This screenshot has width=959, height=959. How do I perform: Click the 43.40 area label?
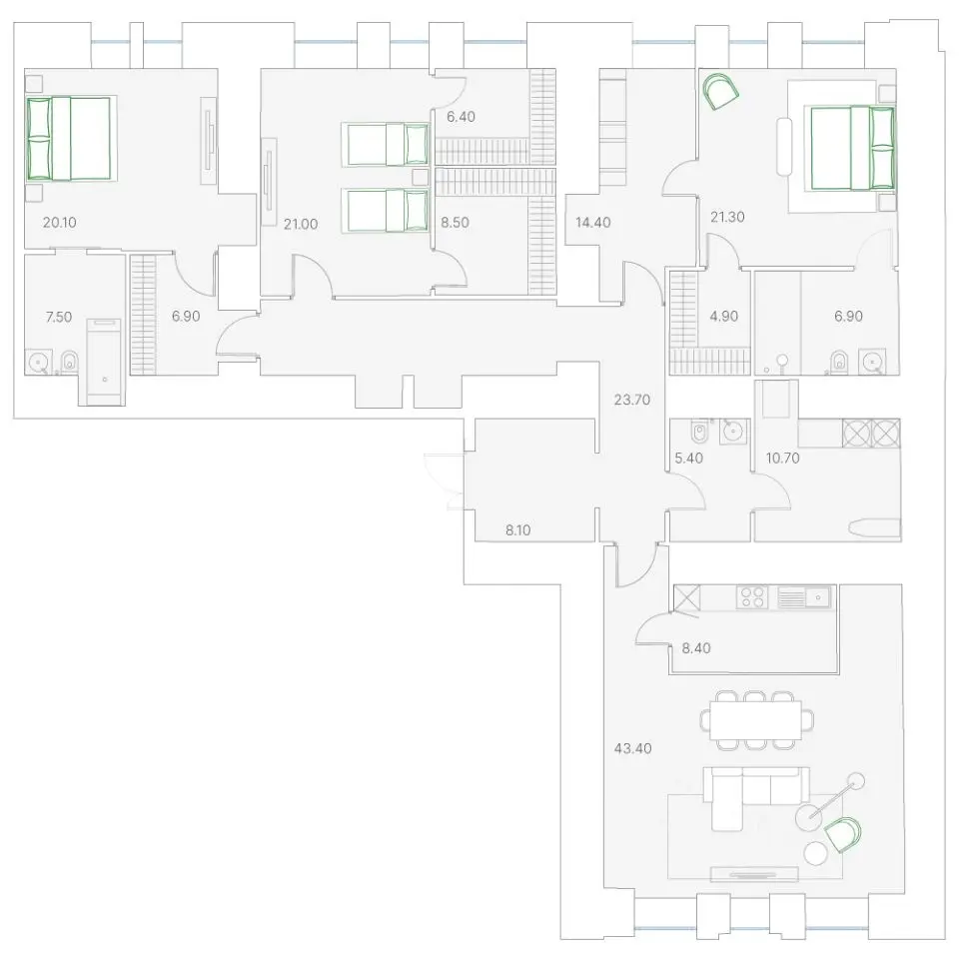click(x=632, y=748)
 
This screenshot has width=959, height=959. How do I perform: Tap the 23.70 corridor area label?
click(x=631, y=400)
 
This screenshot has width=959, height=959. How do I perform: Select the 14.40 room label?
click(x=592, y=222)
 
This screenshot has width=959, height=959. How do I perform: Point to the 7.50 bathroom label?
click(x=59, y=317)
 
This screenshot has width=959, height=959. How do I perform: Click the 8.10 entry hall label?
click(x=518, y=530)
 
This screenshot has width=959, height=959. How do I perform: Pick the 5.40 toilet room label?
click(x=688, y=459)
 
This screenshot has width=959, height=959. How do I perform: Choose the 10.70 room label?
click(x=783, y=459)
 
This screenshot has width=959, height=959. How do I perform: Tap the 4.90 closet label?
click(x=723, y=317)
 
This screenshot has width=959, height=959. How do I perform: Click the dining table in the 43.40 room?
click(x=756, y=720)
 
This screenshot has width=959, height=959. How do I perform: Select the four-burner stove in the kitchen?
click(x=752, y=597)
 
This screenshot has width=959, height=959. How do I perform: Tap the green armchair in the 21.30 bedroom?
click(x=721, y=92)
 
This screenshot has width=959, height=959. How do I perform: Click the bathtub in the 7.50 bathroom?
click(x=104, y=361)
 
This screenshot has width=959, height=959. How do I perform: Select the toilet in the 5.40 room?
click(x=699, y=433)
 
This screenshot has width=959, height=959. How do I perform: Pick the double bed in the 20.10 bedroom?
click(x=69, y=139)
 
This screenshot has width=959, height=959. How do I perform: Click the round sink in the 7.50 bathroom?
click(x=39, y=362)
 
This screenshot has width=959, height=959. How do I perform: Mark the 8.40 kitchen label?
click(x=696, y=647)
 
